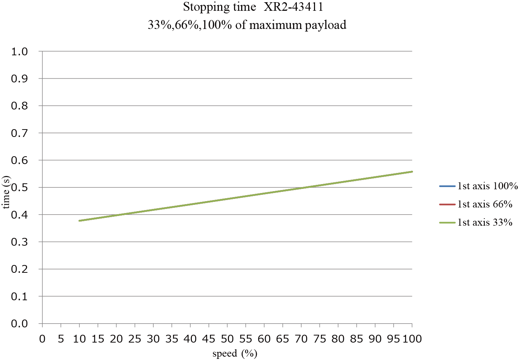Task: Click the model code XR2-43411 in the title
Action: tap(293, 7)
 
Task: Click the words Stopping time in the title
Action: tap(219, 7)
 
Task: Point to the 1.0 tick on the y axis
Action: tap(20, 52)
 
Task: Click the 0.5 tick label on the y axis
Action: tap(20, 187)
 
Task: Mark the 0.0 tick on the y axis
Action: tap(20, 324)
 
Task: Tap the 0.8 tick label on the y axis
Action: tap(20, 106)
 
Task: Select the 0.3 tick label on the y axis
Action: tap(20, 242)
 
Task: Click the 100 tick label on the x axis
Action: tap(412, 339)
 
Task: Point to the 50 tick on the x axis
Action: tap(227, 339)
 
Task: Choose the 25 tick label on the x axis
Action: tap(135, 339)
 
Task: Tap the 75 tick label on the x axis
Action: tap(319, 339)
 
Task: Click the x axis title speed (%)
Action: tap(235, 354)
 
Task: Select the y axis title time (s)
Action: tap(6, 192)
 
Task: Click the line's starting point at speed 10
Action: tap(79, 220)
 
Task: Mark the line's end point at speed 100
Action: tap(412, 171)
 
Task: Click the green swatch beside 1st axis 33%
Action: tap(447, 223)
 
